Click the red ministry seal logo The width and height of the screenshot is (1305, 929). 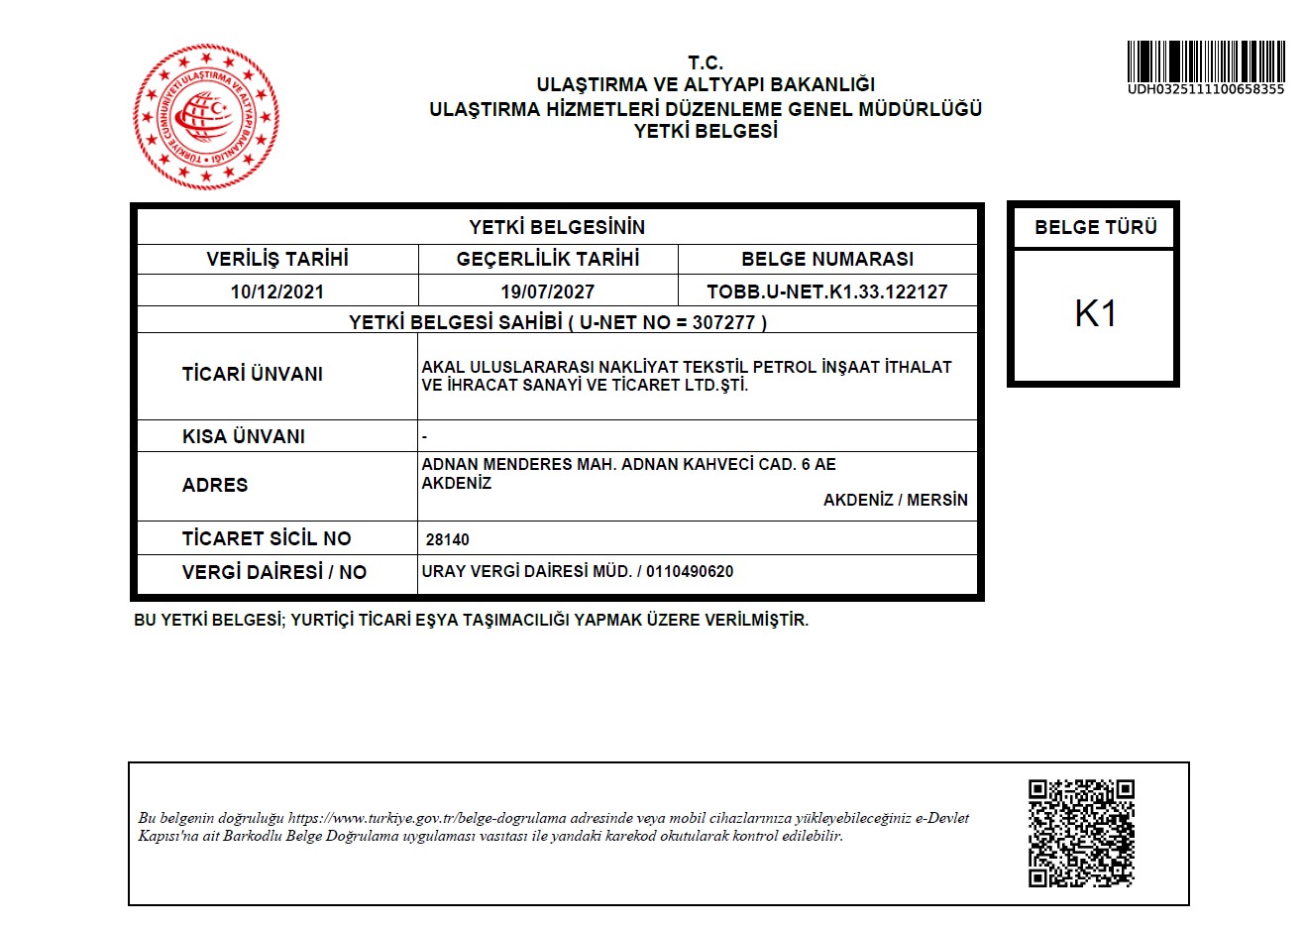tap(206, 117)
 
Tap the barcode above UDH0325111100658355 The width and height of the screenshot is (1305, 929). tap(1205, 61)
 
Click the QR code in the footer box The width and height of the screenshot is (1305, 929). tap(1080, 833)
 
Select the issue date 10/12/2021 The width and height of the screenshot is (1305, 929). tap(277, 291)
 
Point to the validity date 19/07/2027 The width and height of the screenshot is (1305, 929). tap(547, 291)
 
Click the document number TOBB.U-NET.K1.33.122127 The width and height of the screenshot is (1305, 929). tap(826, 291)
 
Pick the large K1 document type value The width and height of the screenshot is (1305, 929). tap(1095, 314)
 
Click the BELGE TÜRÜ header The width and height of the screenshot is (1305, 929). tap(1095, 227)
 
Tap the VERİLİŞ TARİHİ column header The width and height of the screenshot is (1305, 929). tap(277, 259)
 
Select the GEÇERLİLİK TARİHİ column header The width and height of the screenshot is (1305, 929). tap(547, 259)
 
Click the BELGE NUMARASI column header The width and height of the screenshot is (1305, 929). tap(826, 259)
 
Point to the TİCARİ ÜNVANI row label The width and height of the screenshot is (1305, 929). tap(252, 374)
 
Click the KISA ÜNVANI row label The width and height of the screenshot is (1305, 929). tap(243, 436)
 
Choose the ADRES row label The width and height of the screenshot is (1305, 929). tap(214, 485)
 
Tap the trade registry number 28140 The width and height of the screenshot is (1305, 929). tap(447, 539)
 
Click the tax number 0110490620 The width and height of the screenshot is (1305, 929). tap(690, 571)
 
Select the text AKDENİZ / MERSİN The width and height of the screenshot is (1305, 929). tap(895, 500)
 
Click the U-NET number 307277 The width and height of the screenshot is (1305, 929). tap(723, 322)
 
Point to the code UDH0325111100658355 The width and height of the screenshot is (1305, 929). tap(1205, 89)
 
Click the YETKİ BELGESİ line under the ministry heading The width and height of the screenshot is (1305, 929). tap(706, 131)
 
